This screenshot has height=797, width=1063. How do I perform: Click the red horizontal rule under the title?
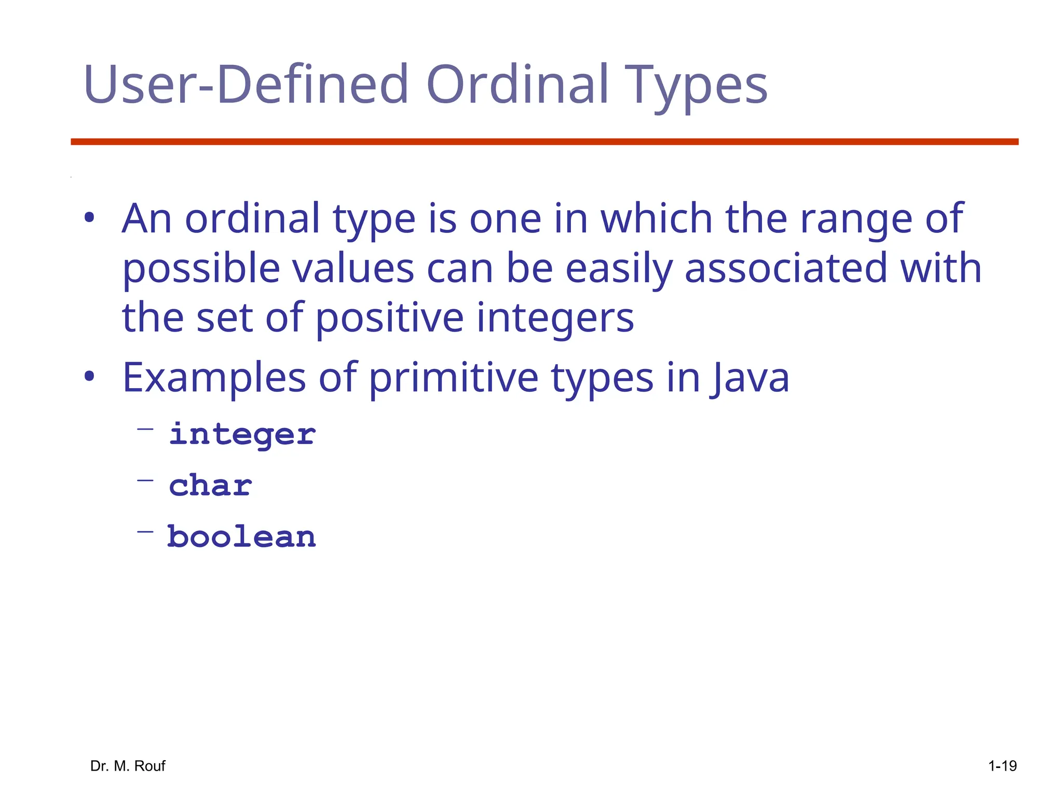(544, 142)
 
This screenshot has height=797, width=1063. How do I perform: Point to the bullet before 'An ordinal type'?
(89, 218)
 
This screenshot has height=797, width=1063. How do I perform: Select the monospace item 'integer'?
(242, 435)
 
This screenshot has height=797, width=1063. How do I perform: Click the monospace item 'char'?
(210, 486)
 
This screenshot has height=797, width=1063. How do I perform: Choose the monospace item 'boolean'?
(241, 537)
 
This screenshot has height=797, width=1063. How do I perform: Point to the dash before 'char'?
(145, 480)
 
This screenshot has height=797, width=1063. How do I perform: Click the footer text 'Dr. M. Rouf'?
(128, 766)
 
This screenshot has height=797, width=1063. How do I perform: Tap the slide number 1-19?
(1002, 766)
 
